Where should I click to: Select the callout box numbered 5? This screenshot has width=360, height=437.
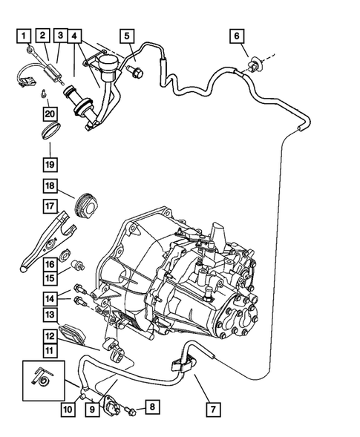pyautogui.click(x=127, y=35)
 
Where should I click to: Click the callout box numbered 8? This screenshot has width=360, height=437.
pyautogui.click(x=151, y=407)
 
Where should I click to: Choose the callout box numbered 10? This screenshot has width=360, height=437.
pyautogui.click(x=68, y=408)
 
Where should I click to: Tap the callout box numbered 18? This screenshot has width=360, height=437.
pyautogui.click(x=50, y=186)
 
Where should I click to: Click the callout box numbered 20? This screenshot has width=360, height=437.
pyautogui.click(x=49, y=114)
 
